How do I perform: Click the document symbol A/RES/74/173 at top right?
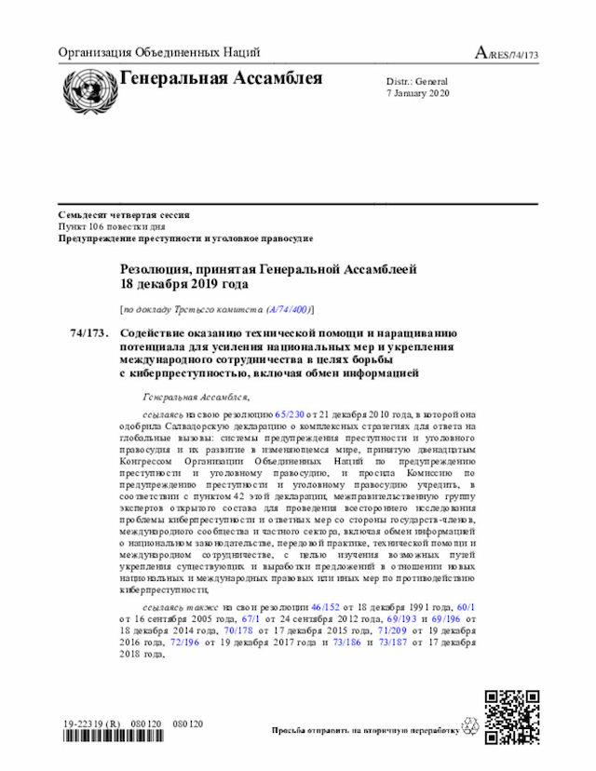(x=507, y=54)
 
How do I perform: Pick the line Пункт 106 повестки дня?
(x=112, y=226)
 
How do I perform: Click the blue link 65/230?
(x=290, y=412)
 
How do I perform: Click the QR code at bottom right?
(x=512, y=716)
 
